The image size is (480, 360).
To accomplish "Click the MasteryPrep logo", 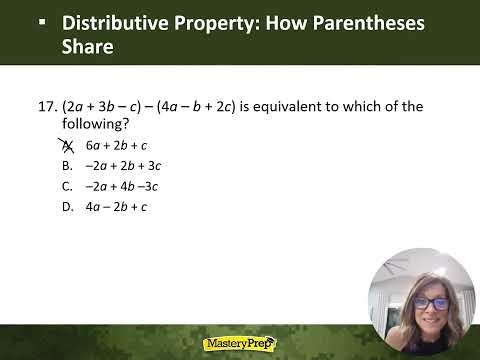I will (240, 343).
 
